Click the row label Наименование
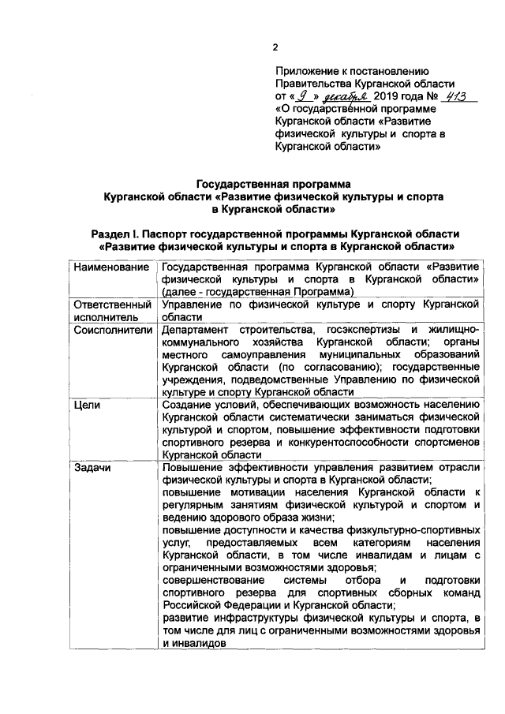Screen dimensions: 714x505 point(111,268)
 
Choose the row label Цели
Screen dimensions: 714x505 point(85,404)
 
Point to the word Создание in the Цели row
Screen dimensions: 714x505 point(186,404)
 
